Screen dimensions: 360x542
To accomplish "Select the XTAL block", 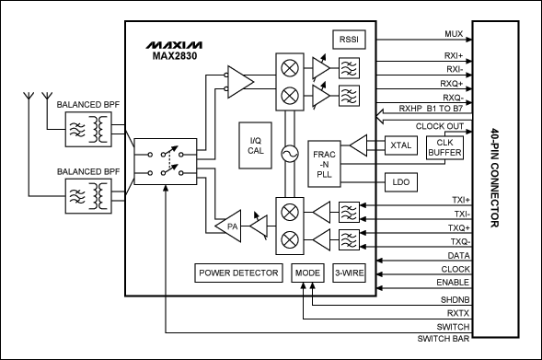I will point(399,145).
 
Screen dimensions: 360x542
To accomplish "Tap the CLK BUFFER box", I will point(444,147).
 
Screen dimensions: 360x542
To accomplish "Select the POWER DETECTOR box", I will point(238,273).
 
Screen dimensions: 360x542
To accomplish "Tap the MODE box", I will point(307,273).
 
